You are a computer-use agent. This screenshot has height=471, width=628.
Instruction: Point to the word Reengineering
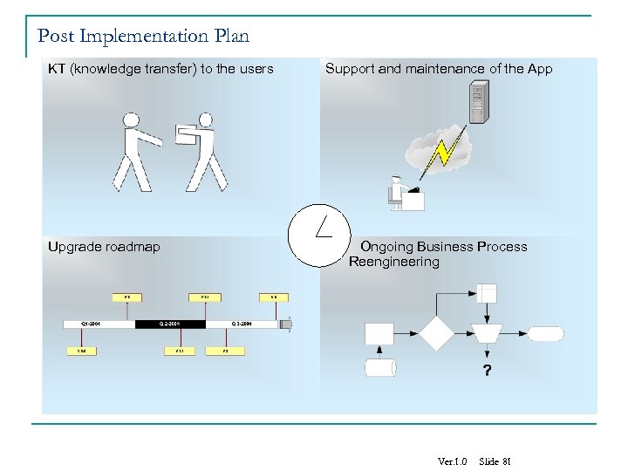click(394, 262)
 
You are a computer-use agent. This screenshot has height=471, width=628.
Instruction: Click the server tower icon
click(479, 102)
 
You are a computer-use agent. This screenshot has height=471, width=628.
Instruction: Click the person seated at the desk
click(398, 192)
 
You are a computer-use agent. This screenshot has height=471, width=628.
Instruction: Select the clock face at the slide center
click(318, 235)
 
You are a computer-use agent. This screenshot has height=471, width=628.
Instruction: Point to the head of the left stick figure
click(132, 119)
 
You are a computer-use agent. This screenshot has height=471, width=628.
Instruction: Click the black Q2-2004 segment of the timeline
click(170, 324)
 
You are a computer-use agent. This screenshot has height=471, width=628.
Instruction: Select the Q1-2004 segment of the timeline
click(99, 324)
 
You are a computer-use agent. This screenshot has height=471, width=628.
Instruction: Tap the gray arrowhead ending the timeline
click(286, 324)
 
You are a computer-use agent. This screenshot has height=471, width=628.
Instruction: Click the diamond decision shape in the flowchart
click(436, 333)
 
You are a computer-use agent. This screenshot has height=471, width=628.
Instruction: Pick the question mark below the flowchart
click(487, 371)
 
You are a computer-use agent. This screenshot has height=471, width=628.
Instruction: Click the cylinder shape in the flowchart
click(380, 367)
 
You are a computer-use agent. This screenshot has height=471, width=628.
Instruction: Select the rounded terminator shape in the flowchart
click(546, 333)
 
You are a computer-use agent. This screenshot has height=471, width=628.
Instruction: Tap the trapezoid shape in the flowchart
click(487, 333)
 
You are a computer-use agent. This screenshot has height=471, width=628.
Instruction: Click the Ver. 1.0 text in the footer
click(453, 461)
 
